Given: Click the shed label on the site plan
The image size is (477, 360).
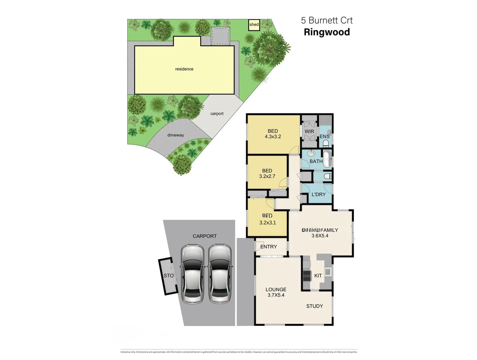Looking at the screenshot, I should [x=254, y=25].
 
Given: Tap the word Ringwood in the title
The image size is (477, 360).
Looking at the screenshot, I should [x=327, y=32].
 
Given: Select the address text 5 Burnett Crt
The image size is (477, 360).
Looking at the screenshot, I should [x=327, y=20].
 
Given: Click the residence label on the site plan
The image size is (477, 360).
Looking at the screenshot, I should [x=184, y=69].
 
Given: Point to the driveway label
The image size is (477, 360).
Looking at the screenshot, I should [x=176, y=135].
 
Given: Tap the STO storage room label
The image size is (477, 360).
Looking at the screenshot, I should [x=169, y=276].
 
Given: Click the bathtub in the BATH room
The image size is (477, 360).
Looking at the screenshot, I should [x=328, y=159].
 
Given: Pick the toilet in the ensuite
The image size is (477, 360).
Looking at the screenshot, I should [x=326, y=143].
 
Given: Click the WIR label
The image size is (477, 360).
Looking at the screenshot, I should [x=309, y=131].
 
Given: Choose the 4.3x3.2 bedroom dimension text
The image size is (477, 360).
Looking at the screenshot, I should [x=273, y=136].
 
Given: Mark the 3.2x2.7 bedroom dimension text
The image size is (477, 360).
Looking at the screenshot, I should [x=267, y=176].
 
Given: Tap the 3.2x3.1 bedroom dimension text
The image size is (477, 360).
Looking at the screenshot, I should [x=267, y=222].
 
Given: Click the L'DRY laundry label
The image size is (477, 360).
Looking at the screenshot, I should [x=318, y=194].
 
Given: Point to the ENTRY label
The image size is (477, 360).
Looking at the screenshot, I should [x=268, y=247].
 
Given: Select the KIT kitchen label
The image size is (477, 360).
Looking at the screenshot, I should [x=318, y=276].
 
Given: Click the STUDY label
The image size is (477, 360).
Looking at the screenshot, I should [x=314, y=306].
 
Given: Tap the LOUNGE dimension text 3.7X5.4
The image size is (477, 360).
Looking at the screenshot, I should [x=276, y=295].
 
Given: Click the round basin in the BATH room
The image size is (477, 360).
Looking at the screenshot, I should [x=311, y=153].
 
